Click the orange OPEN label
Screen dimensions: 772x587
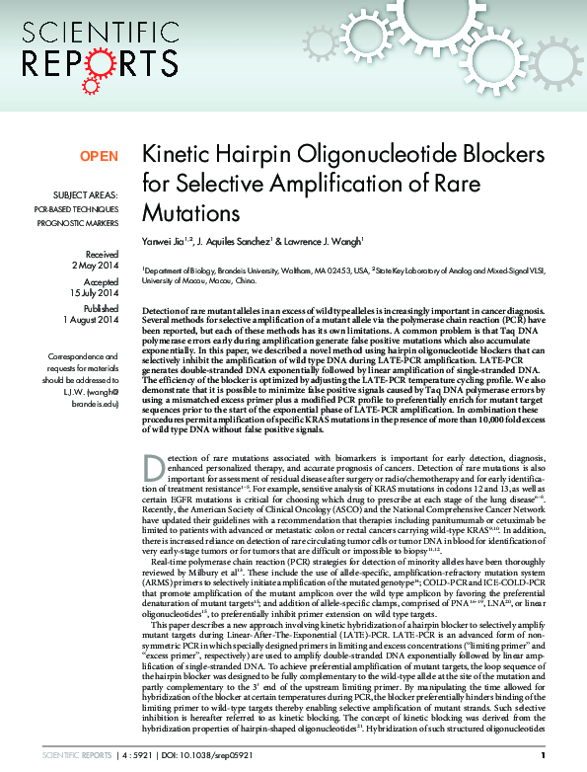point(99,156)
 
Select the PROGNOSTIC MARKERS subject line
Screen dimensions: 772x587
point(78,224)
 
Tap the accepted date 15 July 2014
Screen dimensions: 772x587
point(93,293)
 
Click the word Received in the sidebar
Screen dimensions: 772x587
point(102,254)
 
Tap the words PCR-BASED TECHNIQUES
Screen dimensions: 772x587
point(76,209)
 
